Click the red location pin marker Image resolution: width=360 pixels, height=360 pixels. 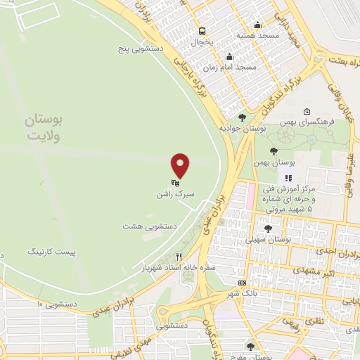[x=181, y=165]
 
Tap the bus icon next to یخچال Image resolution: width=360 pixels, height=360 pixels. [x=202, y=31]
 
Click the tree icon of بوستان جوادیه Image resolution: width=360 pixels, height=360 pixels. [x=243, y=118]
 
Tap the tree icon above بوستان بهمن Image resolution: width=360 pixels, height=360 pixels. [x=274, y=150]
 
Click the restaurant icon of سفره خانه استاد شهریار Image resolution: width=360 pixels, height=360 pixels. [x=179, y=257]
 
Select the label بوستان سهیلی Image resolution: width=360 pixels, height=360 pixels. [x=268, y=240]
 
